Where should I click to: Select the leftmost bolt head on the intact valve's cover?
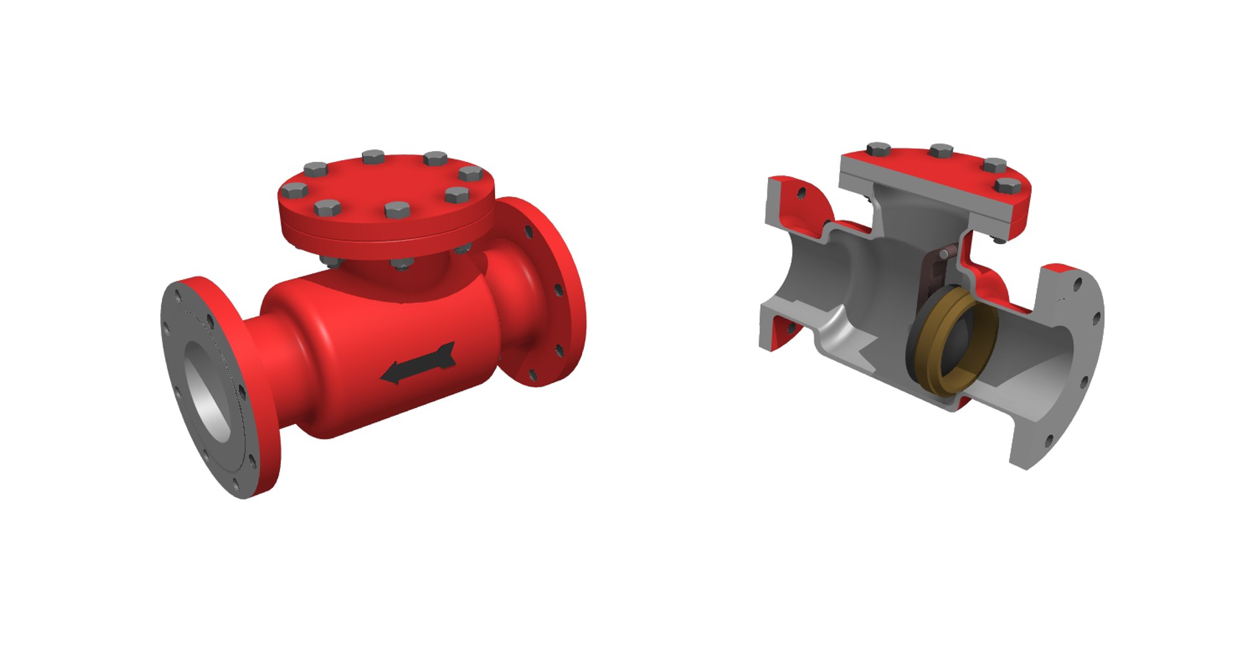coord(294,190)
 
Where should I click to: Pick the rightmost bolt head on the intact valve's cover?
coord(470,173)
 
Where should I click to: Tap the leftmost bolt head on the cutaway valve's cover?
coord(878,150)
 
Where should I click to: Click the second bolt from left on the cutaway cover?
coord(942,152)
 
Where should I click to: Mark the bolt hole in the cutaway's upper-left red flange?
coord(801,192)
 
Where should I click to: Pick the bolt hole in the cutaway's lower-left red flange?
coord(789,327)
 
